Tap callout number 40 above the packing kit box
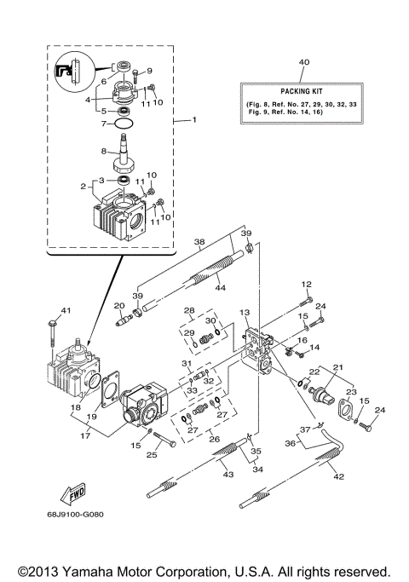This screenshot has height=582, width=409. pos(305,63)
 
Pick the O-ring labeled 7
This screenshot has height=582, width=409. pos(124,124)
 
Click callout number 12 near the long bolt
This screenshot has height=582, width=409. pos(307,284)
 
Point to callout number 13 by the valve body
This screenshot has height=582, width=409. pos(244,314)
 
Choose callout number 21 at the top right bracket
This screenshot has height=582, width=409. pos(338,367)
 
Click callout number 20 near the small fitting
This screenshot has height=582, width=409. pos(119,305)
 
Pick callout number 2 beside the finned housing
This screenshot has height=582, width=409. pos(84,187)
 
